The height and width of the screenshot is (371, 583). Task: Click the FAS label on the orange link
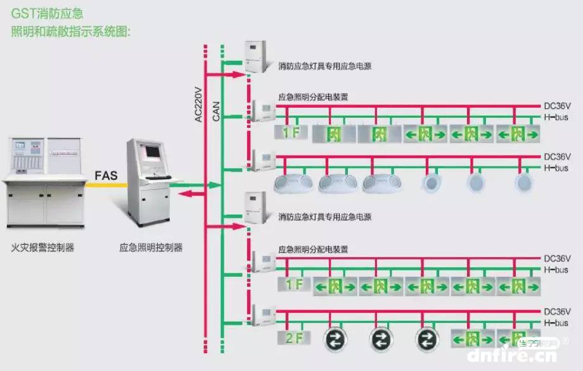106,175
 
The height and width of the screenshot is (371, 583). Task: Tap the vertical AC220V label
198,104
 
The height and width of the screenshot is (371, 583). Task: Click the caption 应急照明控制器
151,248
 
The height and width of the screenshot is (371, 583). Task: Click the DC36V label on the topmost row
558,106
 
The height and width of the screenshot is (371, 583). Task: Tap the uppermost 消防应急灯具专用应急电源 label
324,65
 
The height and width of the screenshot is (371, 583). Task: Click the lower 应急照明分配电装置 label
313,249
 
